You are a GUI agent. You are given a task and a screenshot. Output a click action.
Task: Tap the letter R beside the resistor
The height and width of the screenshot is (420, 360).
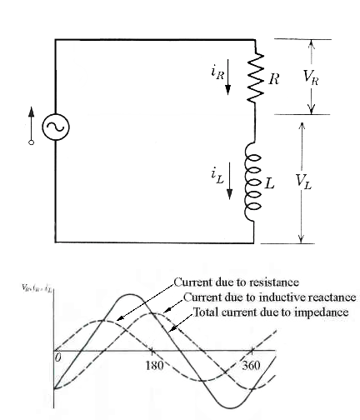[274, 79]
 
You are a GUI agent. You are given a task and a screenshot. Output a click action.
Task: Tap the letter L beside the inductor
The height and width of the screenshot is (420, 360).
[269, 182]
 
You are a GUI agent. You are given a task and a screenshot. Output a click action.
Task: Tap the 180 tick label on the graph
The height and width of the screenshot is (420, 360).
[152, 366]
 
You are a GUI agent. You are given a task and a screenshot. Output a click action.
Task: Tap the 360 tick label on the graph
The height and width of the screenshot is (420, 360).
[251, 366]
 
